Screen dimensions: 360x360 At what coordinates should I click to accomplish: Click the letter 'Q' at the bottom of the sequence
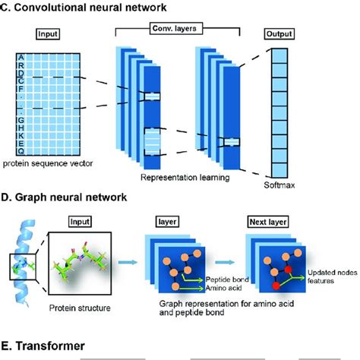[21, 150]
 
